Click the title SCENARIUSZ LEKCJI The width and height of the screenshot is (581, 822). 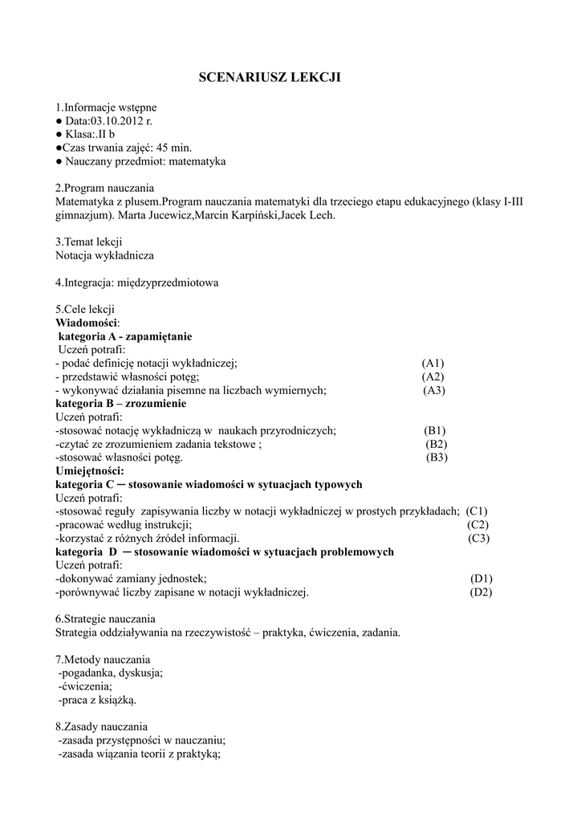[x=270, y=77]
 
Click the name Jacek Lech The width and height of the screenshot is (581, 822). [x=312, y=215]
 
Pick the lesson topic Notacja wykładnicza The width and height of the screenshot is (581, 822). [x=104, y=255]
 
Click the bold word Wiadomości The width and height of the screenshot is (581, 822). [x=87, y=323]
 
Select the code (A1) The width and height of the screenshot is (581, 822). [x=433, y=363]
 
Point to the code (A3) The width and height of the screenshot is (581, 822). [x=434, y=390]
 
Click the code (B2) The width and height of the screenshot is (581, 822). [x=437, y=444]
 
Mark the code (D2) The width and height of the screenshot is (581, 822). [x=481, y=592]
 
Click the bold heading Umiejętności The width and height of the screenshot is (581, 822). [x=89, y=470]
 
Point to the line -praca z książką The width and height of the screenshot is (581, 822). [x=97, y=699]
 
